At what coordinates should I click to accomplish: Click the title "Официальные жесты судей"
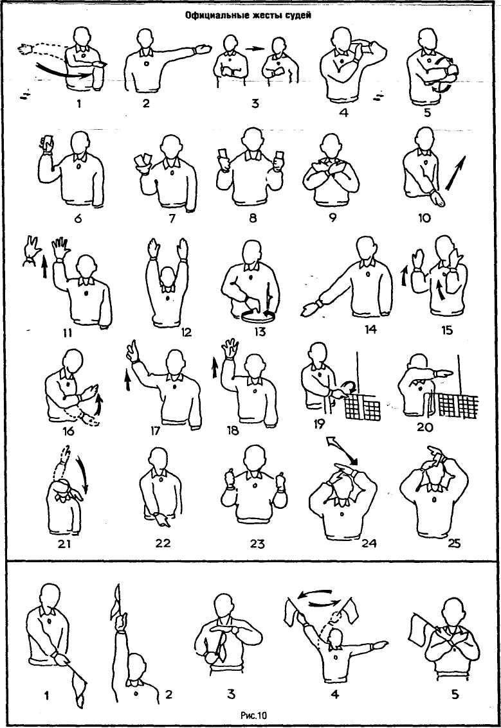[248, 15]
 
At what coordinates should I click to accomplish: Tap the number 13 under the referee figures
[259, 332]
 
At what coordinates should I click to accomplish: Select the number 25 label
[453, 542]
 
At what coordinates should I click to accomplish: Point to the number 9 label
[332, 217]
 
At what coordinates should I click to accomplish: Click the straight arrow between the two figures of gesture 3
[255, 48]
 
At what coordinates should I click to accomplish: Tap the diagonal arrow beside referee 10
[455, 173]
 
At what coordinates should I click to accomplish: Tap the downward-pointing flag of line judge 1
[78, 682]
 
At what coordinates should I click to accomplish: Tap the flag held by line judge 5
[419, 628]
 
